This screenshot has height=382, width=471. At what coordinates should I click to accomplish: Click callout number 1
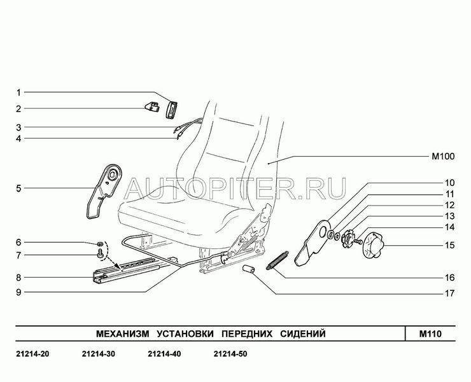click(19, 92)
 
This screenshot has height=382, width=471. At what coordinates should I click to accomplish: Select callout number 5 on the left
click(19, 188)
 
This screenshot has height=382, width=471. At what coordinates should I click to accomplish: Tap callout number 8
click(19, 277)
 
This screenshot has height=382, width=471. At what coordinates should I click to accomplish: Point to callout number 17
click(449, 294)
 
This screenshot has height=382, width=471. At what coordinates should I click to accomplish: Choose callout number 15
click(449, 244)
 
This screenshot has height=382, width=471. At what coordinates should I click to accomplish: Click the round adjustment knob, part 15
click(374, 244)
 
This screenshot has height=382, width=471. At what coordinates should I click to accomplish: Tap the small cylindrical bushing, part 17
click(250, 272)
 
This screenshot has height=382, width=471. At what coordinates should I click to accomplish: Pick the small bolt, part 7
click(99, 254)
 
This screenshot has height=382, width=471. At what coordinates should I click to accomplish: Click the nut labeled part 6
click(100, 244)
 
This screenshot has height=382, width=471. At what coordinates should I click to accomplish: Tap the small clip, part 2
click(153, 108)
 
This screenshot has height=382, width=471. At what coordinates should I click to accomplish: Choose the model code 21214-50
click(230, 355)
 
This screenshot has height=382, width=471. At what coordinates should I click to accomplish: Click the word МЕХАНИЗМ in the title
click(122, 333)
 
